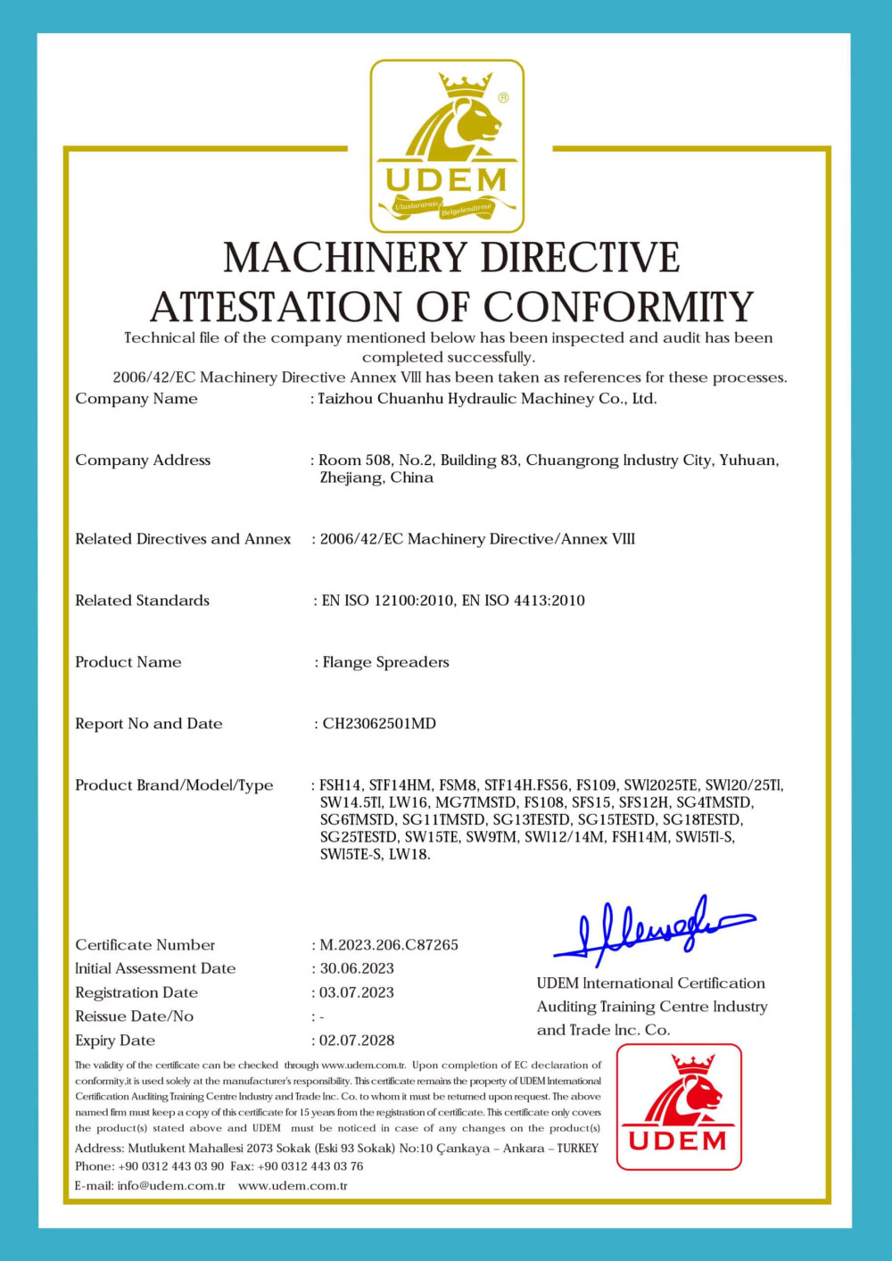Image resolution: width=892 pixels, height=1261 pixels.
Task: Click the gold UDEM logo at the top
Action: (x=447, y=145)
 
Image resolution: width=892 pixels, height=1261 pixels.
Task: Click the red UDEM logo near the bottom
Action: (x=679, y=1107)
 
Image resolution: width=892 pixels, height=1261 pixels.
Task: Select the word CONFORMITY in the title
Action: (x=618, y=307)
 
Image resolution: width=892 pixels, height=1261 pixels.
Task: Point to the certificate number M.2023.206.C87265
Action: (x=389, y=944)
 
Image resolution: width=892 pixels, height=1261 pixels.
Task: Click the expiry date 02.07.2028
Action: (x=357, y=1040)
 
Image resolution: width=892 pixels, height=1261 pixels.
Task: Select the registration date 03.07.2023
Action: (x=357, y=992)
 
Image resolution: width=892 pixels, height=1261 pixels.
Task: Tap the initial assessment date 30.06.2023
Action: (x=357, y=968)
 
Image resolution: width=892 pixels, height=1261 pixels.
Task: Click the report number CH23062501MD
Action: (x=379, y=723)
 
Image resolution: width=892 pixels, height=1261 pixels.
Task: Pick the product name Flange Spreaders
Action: (x=385, y=662)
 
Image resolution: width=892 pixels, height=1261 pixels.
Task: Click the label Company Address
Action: (x=143, y=460)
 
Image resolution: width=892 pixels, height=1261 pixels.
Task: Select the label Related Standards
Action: (x=142, y=601)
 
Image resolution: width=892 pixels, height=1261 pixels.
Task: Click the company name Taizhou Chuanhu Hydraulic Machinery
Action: (x=487, y=399)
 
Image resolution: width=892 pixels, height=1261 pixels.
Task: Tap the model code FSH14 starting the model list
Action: (x=341, y=785)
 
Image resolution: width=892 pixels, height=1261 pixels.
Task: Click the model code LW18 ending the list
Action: (x=410, y=854)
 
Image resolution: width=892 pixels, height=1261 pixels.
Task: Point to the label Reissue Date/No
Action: (x=134, y=1016)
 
